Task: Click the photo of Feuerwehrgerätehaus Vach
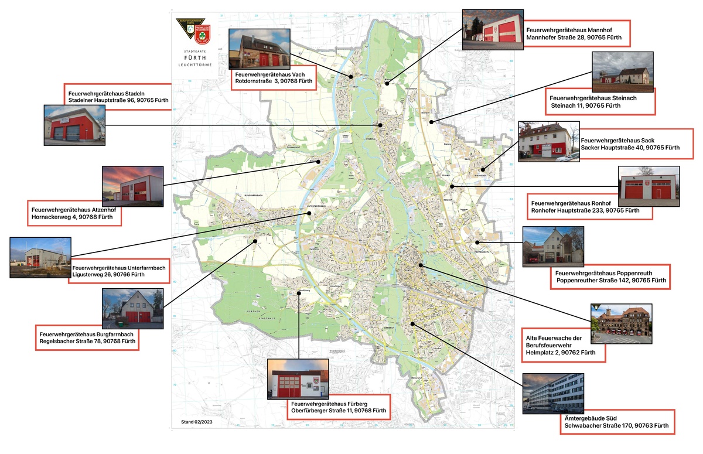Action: coord(257,49)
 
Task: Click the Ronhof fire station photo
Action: coord(649,186)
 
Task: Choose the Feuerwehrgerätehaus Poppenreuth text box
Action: coord(610,277)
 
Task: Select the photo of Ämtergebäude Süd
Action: coord(552,392)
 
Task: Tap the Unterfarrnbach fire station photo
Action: coord(40,257)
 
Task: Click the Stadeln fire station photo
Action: coord(75,125)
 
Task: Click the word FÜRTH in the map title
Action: coord(194,57)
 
